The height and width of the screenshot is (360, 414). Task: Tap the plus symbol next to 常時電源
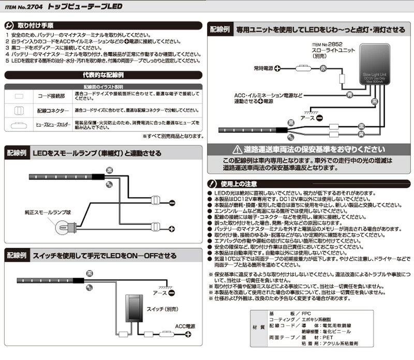click(x=277, y=68)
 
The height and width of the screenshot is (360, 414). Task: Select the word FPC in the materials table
click(x=308, y=313)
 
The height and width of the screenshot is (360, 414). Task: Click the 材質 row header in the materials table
click(x=257, y=328)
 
